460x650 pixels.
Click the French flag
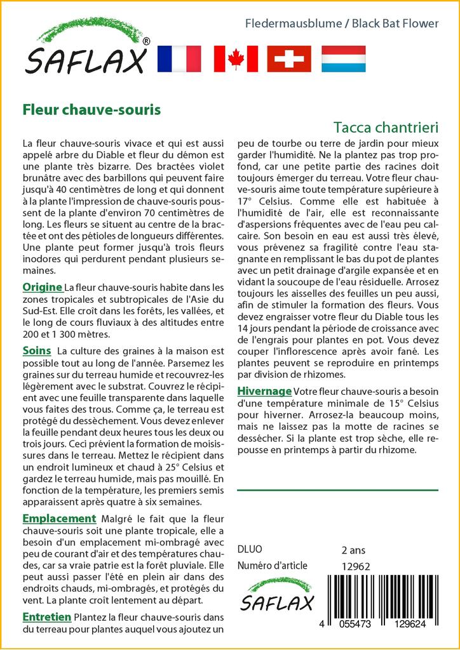[178, 58]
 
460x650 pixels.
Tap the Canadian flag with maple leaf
[236, 58]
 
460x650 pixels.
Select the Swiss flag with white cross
[289, 58]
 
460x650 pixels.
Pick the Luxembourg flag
[343, 58]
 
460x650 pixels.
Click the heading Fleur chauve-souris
[91, 109]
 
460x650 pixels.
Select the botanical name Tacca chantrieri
[385, 127]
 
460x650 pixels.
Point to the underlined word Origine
[42, 286]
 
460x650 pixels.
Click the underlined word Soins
[37, 350]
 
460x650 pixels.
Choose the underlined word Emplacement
[59, 519]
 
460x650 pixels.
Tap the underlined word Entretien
[47, 616]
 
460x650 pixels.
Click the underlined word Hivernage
[264, 390]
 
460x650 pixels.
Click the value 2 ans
[353, 550]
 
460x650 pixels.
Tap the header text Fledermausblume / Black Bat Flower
[342, 23]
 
